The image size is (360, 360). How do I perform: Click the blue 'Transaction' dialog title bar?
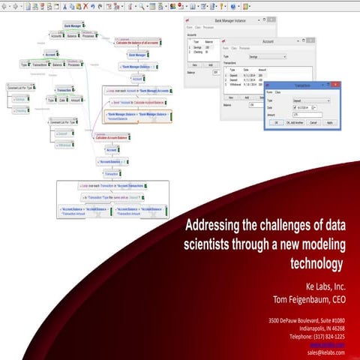pyautogui.click(x=302, y=85)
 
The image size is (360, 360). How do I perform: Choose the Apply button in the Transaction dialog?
pyautogui.click(x=329, y=121)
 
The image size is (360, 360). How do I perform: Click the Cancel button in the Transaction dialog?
pyautogui.click(x=313, y=121)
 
